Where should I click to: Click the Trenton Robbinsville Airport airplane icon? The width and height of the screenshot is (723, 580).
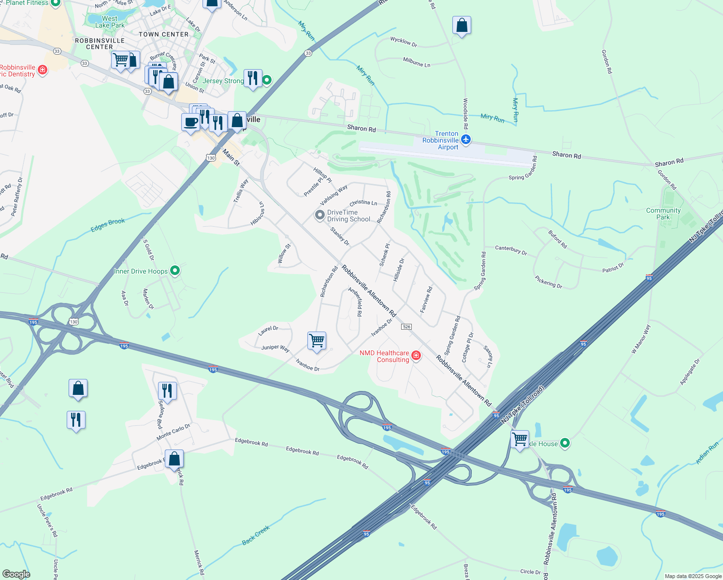pos(466,140)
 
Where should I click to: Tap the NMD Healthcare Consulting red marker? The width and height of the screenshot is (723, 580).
pos(416,356)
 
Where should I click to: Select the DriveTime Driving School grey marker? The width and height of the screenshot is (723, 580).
pos(319,215)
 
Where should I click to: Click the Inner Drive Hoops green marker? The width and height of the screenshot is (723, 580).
pos(175,271)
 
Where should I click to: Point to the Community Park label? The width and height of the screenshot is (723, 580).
pos(663,214)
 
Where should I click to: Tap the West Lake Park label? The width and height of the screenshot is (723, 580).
pos(110,22)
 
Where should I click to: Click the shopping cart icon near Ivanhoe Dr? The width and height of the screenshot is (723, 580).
pos(317,341)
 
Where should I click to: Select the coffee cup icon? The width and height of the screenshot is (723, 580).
pos(191,121)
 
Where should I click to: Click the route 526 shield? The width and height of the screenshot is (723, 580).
pos(406,327)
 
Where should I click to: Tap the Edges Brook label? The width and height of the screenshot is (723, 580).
pos(108,225)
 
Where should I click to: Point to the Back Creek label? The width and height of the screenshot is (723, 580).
pos(256,536)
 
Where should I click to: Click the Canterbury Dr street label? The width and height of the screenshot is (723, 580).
pos(511,250)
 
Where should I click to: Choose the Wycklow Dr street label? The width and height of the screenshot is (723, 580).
pos(404,42)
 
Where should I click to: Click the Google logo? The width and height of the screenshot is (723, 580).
pos(16,574)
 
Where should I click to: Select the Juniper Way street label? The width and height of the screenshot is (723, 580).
pos(275,348)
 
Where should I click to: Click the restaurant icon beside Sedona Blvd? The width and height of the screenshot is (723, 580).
pos(167,391)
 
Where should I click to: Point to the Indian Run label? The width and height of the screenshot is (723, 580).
pos(708,454)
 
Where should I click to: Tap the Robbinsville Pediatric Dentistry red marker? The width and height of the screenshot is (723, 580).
pos(43,71)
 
